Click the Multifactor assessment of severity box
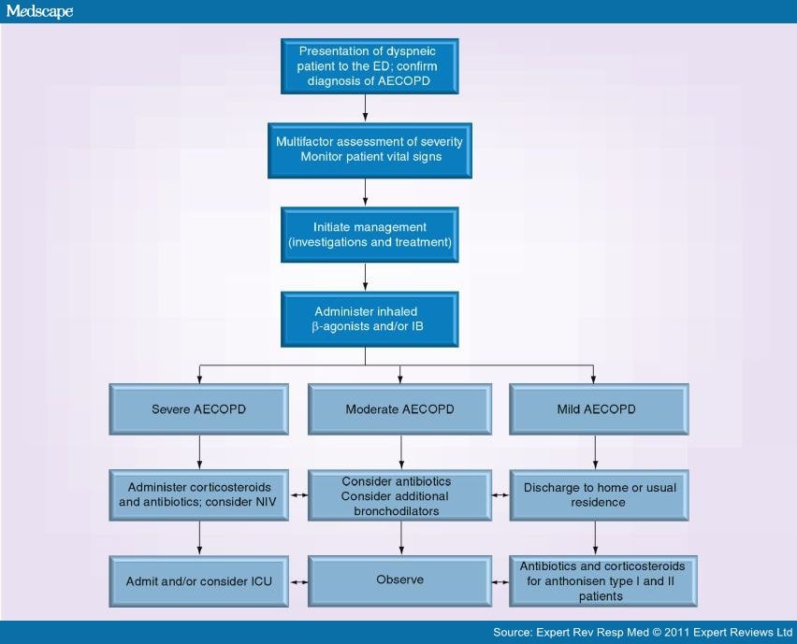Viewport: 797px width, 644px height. point(369,150)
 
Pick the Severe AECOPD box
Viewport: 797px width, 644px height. point(198,409)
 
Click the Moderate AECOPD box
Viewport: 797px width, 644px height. point(399,409)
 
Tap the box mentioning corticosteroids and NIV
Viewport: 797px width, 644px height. point(198,494)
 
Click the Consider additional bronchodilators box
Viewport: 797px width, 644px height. point(399,494)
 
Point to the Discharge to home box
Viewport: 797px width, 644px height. point(599,494)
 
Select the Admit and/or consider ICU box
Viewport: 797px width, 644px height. point(198,580)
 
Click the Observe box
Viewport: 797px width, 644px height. point(399,580)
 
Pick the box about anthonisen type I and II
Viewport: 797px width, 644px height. point(599,580)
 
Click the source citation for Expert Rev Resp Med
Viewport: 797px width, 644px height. point(642,633)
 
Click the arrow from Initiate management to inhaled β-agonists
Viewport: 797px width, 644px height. point(366,278)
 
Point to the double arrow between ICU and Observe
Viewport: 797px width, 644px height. point(298,580)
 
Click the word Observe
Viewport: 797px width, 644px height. point(399,580)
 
